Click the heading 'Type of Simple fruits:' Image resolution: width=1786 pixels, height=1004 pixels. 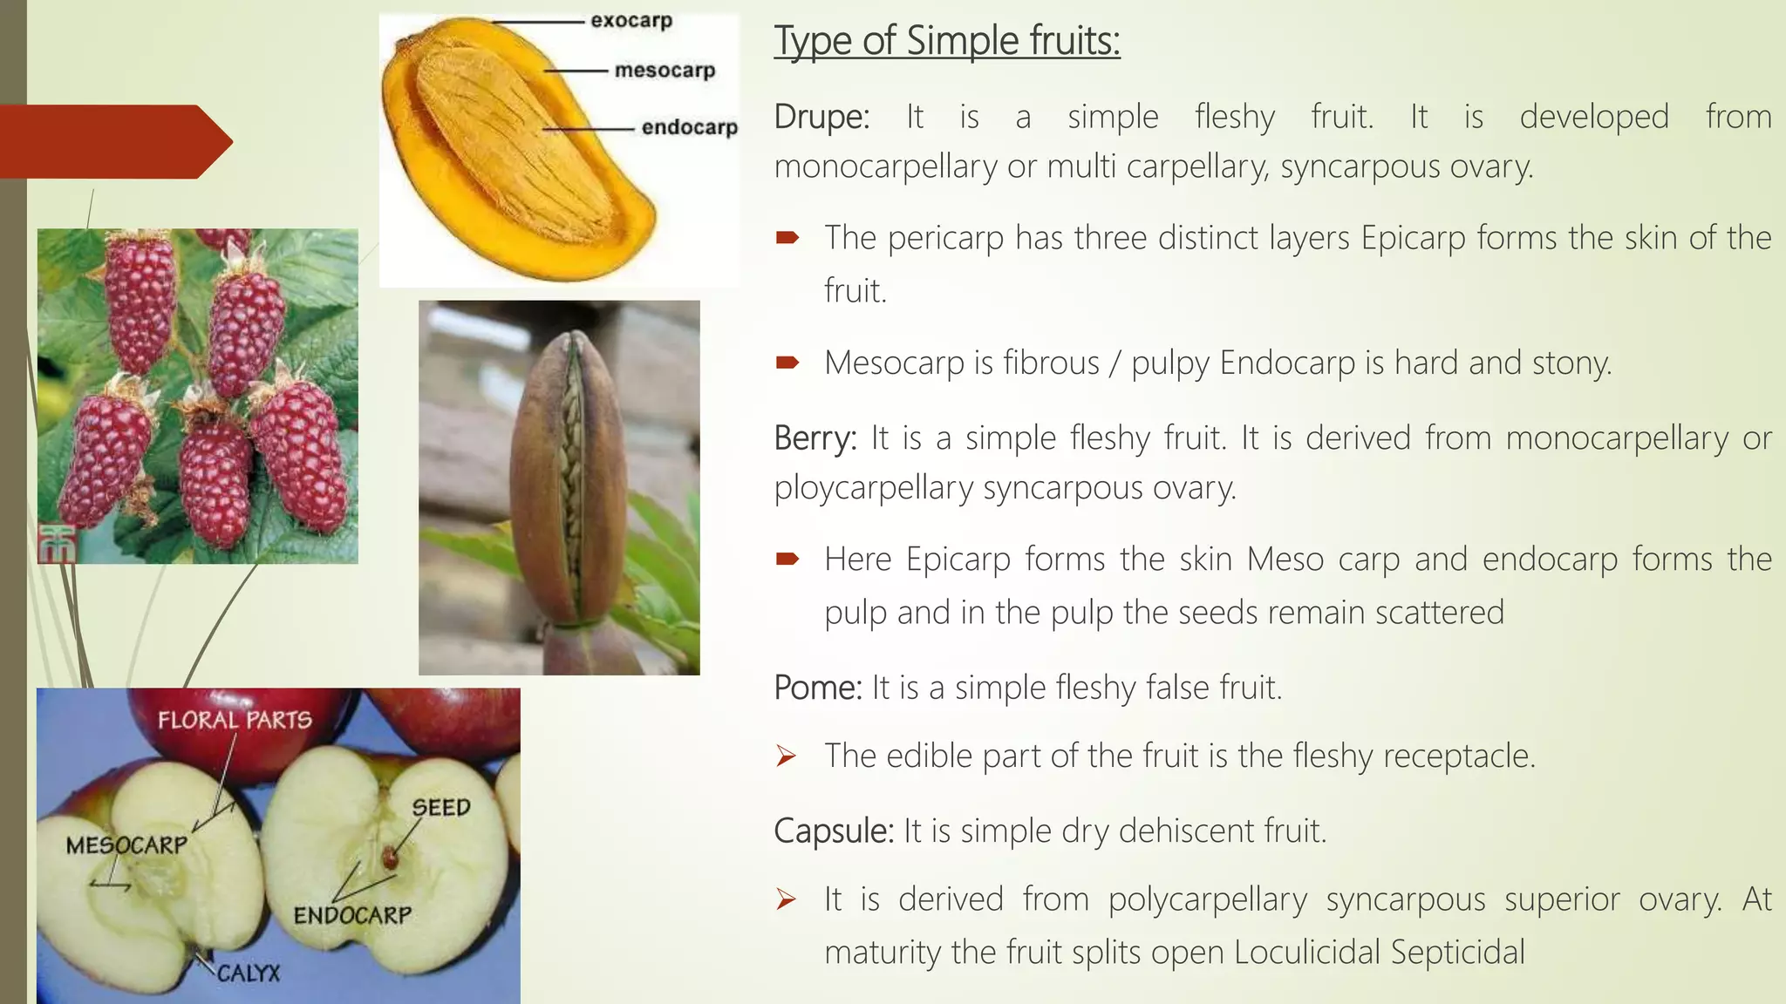click(946, 41)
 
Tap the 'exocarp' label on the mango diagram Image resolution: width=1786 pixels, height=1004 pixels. click(631, 20)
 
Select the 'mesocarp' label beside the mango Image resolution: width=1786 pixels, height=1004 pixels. click(665, 70)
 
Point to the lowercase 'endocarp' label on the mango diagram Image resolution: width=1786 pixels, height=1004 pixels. click(689, 127)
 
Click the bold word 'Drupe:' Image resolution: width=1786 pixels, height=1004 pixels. click(821, 117)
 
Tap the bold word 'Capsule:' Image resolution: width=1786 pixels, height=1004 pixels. click(834, 831)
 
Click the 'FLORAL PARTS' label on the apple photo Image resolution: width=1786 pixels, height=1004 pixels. click(235, 720)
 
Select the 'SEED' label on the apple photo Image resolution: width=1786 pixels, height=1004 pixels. click(440, 807)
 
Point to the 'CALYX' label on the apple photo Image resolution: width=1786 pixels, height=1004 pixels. click(249, 973)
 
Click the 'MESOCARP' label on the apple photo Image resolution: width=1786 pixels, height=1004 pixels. click(126, 845)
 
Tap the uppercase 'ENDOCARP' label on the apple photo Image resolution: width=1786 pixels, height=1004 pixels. click(352, 915)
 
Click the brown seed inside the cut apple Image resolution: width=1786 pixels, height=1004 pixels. click(389, 858)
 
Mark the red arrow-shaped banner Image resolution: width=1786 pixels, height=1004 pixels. click(113, 141)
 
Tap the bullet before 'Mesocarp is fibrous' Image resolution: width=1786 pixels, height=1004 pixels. click(787, 363)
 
